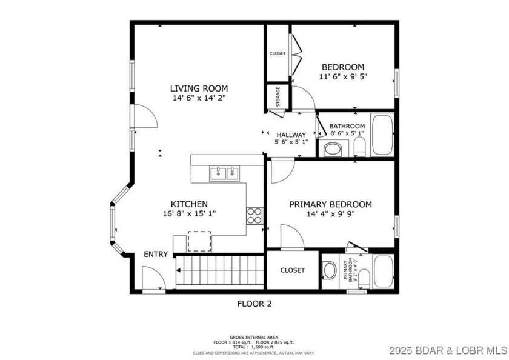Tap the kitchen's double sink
point(224,174)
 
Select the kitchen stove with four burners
point(254,216)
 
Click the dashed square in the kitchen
point(199,241)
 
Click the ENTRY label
point(156,254)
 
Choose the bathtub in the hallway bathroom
point(382,135)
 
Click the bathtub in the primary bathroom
point(384,271)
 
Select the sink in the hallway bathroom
point(333,148)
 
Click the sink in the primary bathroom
point(329,270)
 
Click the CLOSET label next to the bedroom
point(278,53)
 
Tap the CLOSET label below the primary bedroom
point(293,270)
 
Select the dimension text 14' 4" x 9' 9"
point(330,214)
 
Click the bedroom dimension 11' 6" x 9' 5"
point(342,77)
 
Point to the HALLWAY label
point(291,135)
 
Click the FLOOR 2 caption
point(254,304)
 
